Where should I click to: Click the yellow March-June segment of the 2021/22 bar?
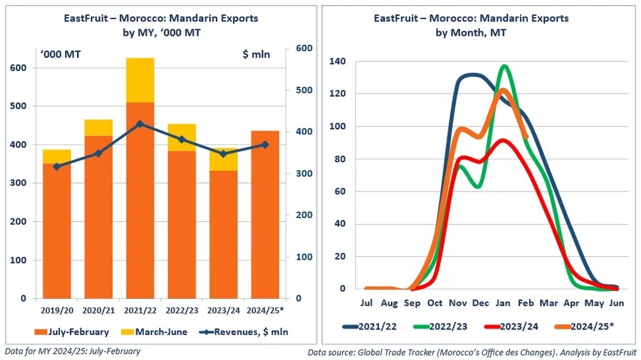(x=140, y=80)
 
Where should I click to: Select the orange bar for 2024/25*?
(x=264, y=213)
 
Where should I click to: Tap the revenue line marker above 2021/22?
(x=140, y=124)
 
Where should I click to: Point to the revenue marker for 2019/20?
(x=56, y=166)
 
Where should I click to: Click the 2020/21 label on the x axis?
(x=98, y=310)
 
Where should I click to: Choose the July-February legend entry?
(x=71, y=331)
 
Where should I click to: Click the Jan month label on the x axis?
(x=504, y=302)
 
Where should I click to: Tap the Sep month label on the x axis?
(x=412, y=302)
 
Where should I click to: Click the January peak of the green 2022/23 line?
(x=504, y=66)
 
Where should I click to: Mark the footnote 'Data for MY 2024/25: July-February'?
(x=73, y=351)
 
